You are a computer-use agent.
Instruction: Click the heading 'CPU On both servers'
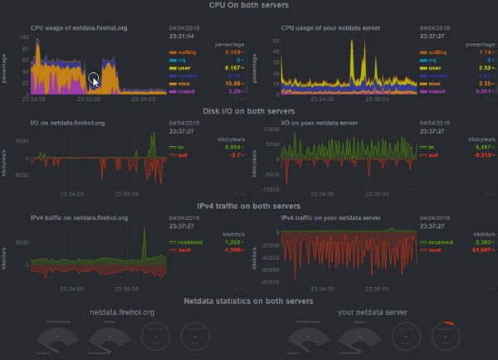pyautogui.click(x=249, y=6)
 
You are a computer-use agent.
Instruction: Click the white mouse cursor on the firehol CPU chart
pyautogui.click(x=95, y=80)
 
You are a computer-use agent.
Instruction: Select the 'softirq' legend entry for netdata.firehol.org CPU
pyautogui.click(x=183, y=51)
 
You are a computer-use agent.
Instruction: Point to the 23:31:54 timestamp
pyautogui.click(x=183, y=35)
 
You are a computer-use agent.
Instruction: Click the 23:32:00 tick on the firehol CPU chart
pyautogui.click(x=86, y=99)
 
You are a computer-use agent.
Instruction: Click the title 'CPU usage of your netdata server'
pyautogui.click(x=330, y=27)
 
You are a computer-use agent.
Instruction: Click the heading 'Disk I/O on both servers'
pyautogui.click(x=249, y=111)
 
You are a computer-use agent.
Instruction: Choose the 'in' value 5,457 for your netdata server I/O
pyautogui.click(x=471, y=147)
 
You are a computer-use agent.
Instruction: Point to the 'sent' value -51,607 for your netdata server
pyautogui.click(x=469, y=250)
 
